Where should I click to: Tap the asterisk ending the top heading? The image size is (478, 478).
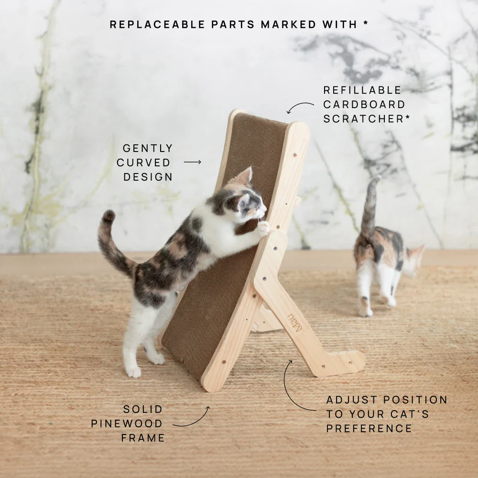pos(366,23)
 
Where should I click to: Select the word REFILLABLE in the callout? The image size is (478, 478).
pos(362,90)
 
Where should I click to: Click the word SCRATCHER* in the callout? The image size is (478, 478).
pos(367,119)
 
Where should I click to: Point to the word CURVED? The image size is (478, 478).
pos(143,163)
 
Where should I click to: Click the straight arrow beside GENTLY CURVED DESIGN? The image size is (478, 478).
pos(192,163)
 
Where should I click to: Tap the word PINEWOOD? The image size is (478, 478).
pos(127,424)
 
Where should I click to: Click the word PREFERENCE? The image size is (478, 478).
pos(369,428)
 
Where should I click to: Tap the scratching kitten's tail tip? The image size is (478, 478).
pos(109,216)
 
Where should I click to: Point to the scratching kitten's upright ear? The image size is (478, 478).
pos(245,177)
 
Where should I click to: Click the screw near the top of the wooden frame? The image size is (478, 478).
pos(294,155)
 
